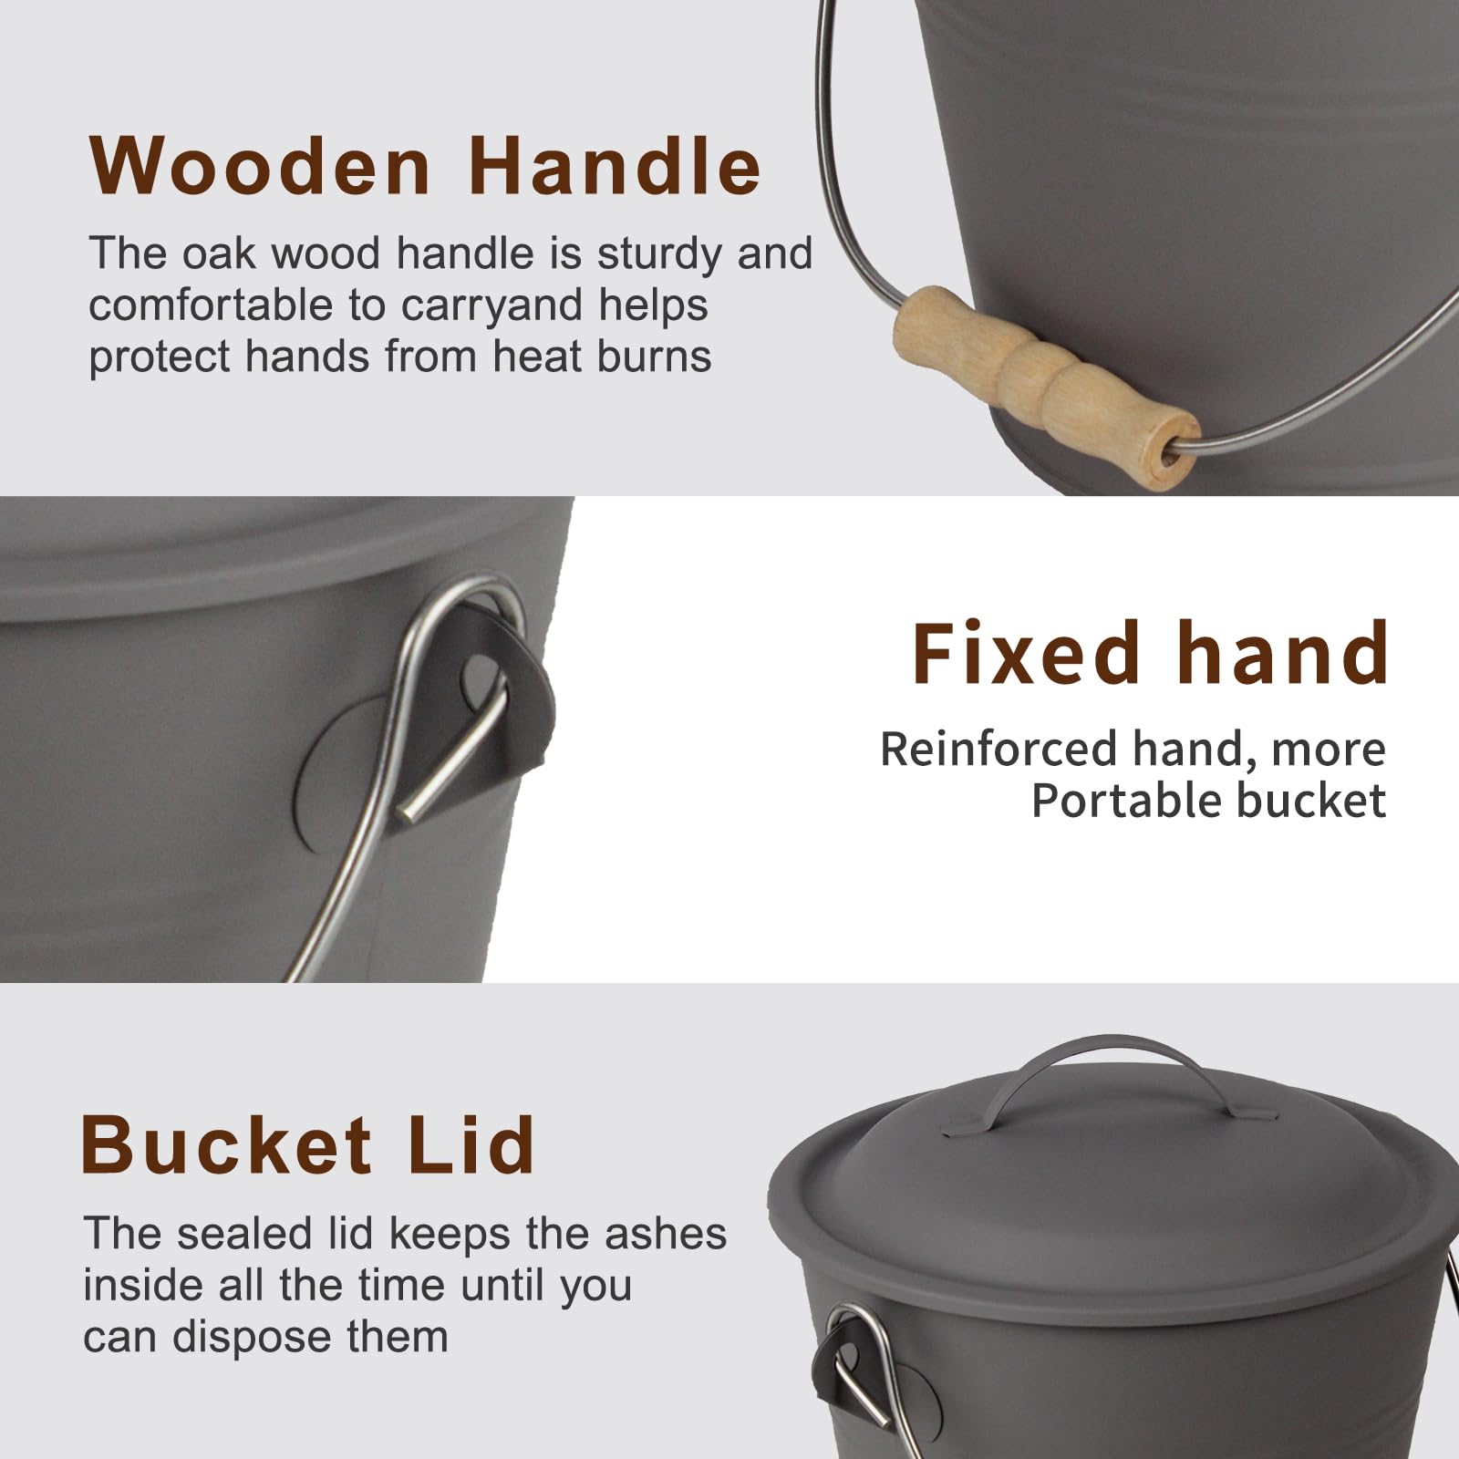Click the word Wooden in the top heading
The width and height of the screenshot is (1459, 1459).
point(260,166)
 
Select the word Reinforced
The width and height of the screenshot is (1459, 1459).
point(999,750)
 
